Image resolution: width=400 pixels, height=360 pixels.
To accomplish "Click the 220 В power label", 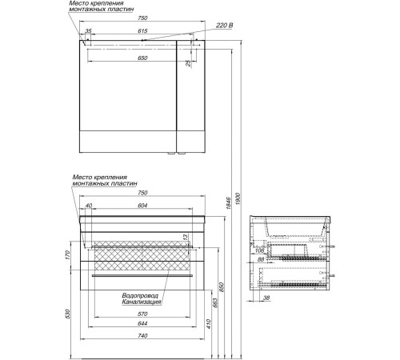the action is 224,26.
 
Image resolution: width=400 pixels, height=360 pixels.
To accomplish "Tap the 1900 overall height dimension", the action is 238,199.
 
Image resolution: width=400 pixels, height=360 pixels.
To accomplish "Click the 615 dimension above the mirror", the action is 142,31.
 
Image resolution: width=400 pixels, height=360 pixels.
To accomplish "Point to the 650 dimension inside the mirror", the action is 142,58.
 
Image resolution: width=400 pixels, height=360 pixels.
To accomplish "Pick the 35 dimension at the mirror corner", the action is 88,31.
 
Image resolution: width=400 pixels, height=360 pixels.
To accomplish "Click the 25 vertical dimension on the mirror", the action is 188,63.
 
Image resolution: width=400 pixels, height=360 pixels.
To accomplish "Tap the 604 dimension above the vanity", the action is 142,206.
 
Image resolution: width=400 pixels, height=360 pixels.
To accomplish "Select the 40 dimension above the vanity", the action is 88,206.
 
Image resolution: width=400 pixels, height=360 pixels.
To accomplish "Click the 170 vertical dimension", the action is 67,255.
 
